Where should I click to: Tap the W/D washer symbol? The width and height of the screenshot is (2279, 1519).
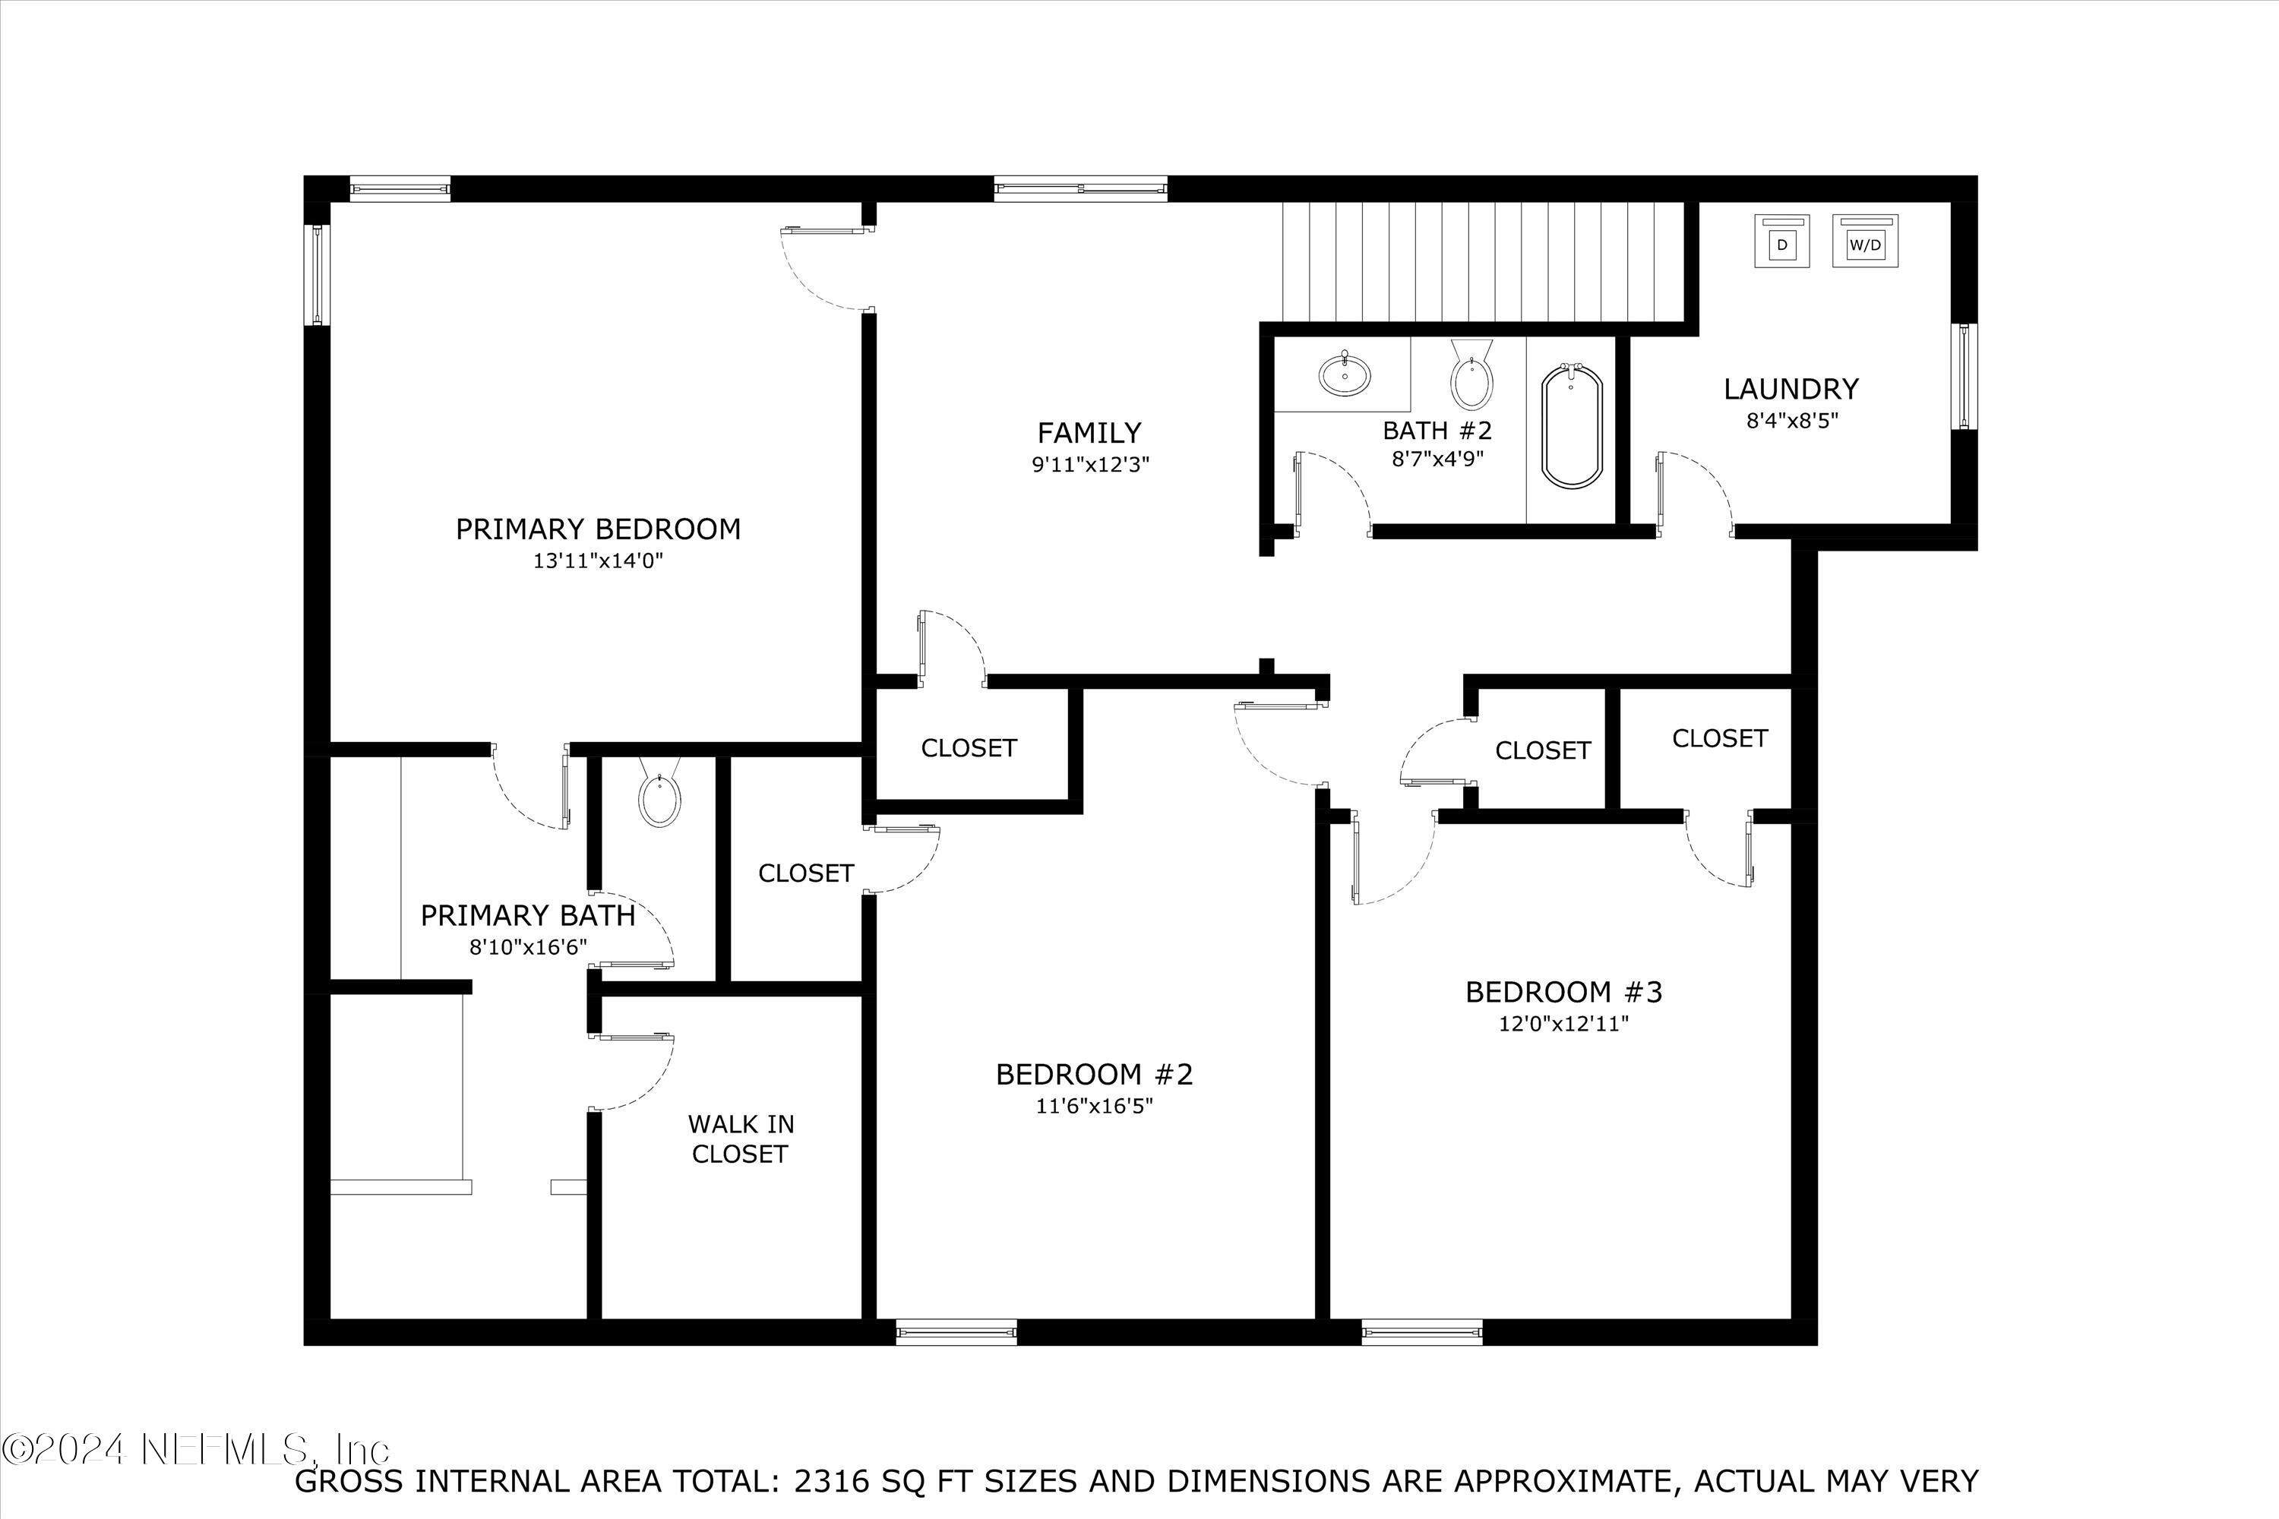1865,242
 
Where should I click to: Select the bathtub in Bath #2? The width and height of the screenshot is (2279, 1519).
1571,426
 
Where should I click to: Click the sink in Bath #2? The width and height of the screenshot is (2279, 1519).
1344,373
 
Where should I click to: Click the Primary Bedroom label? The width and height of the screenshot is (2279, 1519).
598,529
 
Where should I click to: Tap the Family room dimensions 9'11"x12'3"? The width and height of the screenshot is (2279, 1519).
1090,465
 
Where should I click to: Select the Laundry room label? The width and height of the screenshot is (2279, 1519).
1791,390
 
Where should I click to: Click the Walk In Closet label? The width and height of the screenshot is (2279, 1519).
740,1138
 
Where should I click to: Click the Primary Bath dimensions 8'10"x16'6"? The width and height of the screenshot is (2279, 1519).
528,947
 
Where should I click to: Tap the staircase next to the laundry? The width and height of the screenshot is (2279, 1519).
1483,261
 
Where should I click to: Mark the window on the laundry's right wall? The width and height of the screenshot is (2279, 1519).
1964,376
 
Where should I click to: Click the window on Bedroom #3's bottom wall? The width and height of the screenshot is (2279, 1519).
1421,1333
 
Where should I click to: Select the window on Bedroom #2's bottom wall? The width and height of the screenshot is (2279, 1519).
956,1333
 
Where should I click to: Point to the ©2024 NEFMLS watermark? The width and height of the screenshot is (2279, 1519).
197,1448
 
